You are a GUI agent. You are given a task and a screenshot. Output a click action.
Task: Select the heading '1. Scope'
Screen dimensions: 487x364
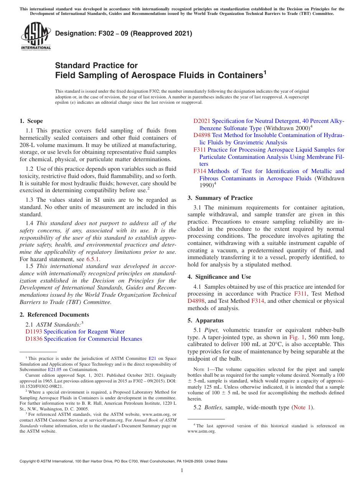pos(31,121)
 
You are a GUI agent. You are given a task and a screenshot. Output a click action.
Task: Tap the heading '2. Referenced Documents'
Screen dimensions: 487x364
pos(54,315)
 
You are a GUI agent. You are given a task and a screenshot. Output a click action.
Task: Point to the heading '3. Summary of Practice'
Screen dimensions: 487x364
pos(220,198)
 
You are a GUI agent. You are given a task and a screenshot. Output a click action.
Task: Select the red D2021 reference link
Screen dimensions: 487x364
pos(202,121)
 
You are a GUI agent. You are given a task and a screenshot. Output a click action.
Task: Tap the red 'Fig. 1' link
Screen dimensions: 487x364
pos(296,337)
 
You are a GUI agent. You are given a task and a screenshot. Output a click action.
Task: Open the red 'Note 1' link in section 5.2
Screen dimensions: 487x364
pos(302,407)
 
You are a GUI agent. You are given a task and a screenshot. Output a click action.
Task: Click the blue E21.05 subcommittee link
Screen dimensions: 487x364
pos(54,369)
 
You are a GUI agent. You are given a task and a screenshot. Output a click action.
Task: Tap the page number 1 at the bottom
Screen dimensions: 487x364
pos(182,470)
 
